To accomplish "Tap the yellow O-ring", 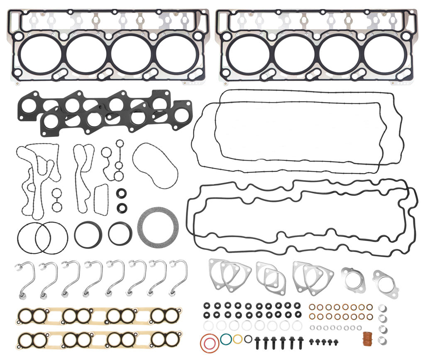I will pyautogui.click(x=237, y=339).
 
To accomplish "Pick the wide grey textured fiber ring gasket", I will pyautogui.click(x=158, y=227).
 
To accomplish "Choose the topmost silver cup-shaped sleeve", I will pyautogui.click(x=383, y=309).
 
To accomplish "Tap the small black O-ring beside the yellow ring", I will pyautogui.click(x=248, y=339).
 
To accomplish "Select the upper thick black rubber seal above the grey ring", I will pyautogui.click(x=122, y=193).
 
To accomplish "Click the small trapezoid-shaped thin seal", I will pyautogui.click(x=101, y=200).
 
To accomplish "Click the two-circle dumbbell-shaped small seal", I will pyautogui.click(x=57, y=199).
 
